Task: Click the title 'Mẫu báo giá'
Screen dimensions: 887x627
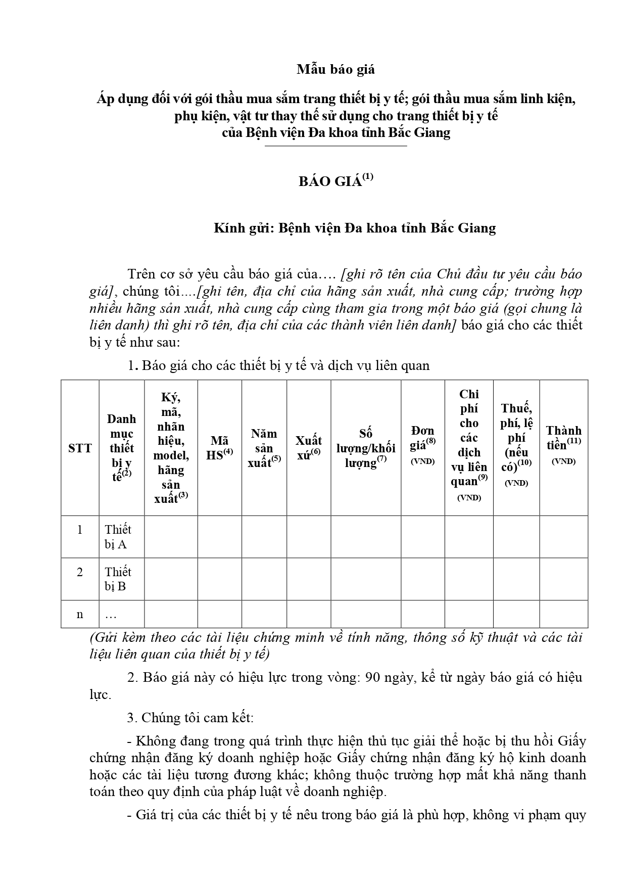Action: point(335,70)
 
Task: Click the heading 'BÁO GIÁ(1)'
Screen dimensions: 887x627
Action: point(335,181)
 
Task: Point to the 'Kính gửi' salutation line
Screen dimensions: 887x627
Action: point(354,228)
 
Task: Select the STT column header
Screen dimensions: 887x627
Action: point(80,448)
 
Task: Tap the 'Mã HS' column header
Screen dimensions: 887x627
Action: point(219,448)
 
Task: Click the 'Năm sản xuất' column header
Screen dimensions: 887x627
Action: point(264,448)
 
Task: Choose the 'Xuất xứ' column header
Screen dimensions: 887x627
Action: point(309,448)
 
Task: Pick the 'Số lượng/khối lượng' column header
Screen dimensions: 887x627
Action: point(366,448)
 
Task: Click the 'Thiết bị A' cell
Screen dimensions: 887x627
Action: point(118,537)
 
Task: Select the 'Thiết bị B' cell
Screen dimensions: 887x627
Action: point(118,579)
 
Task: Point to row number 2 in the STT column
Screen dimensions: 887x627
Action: point(80,572)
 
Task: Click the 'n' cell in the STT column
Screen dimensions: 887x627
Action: point(80,614)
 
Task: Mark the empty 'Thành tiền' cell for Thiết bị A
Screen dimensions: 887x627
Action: point(563,537)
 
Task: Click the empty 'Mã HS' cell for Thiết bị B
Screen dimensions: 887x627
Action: point(219,579)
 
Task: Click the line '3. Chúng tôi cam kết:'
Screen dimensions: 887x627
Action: point(198,718)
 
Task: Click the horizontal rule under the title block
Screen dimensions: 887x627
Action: point(335,146)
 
